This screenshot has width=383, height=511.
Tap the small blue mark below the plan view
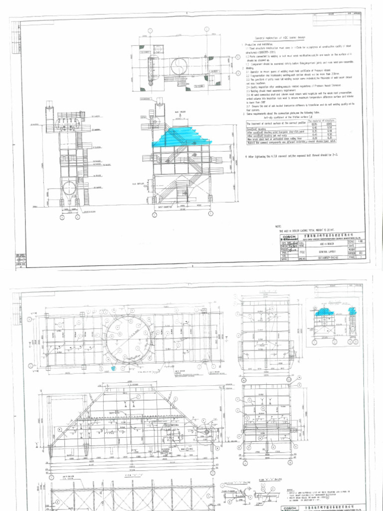(x=114, y=368)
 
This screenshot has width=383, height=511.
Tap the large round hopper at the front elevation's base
(x=69, y=189)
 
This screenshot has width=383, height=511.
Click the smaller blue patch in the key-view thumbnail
(x=353, y=310)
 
